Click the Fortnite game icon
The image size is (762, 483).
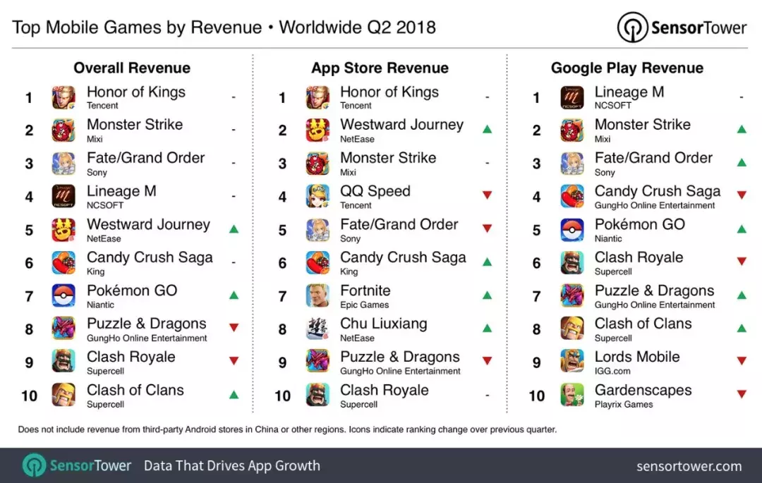click(x=317, y=296)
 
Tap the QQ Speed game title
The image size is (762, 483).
click(x=375, y=191)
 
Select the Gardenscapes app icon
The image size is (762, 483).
click(x=572, y=395)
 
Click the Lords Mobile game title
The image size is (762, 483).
click(x=637, y=357)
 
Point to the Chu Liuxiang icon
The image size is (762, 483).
click(x=317, y=329)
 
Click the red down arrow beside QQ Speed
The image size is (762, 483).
click(x=487, y=195)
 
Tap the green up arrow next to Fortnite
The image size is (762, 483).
click(x=487, y=295)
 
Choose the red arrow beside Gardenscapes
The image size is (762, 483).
click(x=742, y=395)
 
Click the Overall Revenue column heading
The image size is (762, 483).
click(x=132, y=68)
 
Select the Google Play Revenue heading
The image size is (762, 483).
click(x=627, y=68)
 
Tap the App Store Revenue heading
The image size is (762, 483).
click(x=380, y=68)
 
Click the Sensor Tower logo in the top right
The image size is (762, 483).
click(x=682, y=27)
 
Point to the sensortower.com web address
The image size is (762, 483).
click(x=689, y=466)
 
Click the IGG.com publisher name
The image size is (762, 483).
click(x=612, y=371)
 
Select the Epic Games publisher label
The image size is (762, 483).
click(x=364, y=305)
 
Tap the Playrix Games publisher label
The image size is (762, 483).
click(x=624, y=404)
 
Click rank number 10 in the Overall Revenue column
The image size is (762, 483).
click(x=29, y=396)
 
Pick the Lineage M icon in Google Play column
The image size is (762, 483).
click(x=572, y=97)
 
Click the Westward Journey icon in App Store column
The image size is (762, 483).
click(x=317, y=130)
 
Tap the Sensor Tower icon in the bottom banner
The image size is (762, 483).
click(x=35, y=466)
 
